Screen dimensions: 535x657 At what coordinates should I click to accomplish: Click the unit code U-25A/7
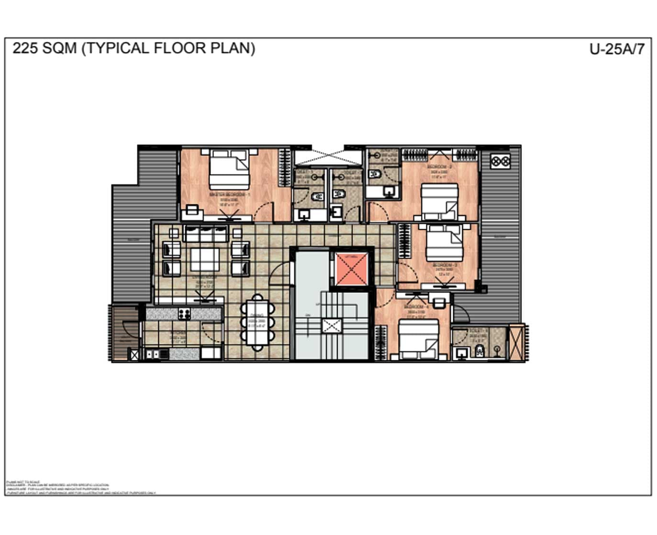click(x=617, y=49)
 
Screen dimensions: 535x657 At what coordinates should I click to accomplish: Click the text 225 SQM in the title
click(x=44, y=48)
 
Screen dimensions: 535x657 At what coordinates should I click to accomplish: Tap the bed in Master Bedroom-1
click(x=229, y=169)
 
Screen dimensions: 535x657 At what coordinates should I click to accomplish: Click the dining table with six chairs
click(x=257, y=322)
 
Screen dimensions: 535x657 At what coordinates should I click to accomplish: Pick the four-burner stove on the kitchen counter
click(x=185, y=314)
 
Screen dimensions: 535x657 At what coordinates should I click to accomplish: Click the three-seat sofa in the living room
click(x=205, y=234)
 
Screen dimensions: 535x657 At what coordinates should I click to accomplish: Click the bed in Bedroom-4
click(x=419, y=339)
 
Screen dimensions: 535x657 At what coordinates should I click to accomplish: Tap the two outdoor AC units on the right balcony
click(x=500, y=161)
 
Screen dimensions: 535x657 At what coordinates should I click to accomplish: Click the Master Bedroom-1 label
click(x=230, y=195)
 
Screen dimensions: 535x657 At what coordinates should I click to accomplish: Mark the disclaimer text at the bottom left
click(x=57, y=487)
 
